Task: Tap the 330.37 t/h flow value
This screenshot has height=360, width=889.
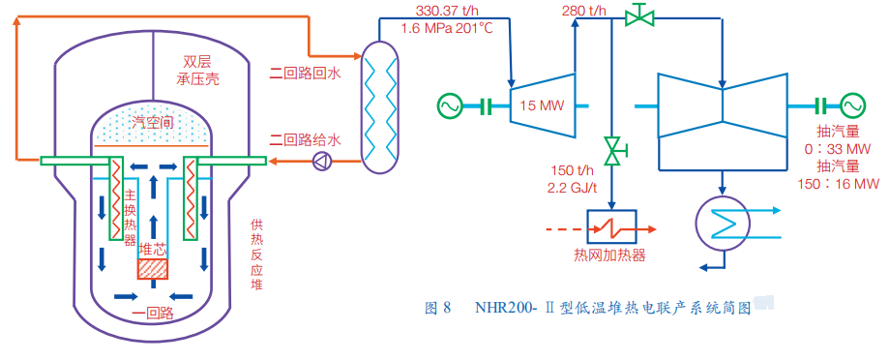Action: pyautogui.click(x=445, y=11)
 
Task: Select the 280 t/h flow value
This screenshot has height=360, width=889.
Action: pyautogui.click(x=584, y=11)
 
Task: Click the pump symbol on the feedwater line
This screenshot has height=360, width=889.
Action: pyautogui.click(x=321, y=163)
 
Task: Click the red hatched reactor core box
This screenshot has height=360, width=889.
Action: pyautogui.click(x=153, y=269)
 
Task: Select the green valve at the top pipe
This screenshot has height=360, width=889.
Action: pyautogui.click(x=639, y=15)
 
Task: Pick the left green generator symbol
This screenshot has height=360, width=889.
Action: pyautogui.click(x=450, y=106)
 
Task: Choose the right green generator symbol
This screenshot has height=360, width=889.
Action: pyautogui.click(x=852, y=105)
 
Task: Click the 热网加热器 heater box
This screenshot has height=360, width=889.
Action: pyautogui.click(x=611, y=227)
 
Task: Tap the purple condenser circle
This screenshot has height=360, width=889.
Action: pyautogui.click(x=723, y=225)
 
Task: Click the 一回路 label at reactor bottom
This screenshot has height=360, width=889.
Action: pyautogui.click(x=152, y=313)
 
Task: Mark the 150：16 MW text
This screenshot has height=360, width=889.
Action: pyautogui.click(x=838, y=184)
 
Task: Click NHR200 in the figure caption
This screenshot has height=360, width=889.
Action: pyautogui.click(x=503, y=309)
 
